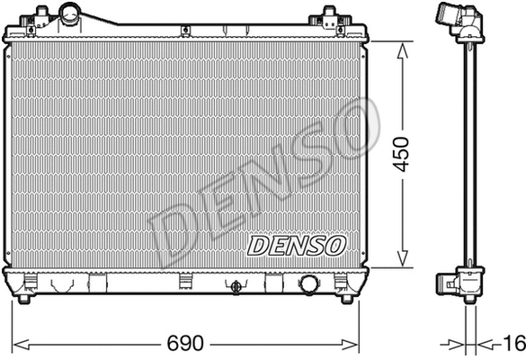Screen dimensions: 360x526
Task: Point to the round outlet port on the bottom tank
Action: (x=309, y=283)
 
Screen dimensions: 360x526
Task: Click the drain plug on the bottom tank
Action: (x=236, y=287)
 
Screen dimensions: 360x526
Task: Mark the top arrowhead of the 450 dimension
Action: (x=400, y=44)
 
